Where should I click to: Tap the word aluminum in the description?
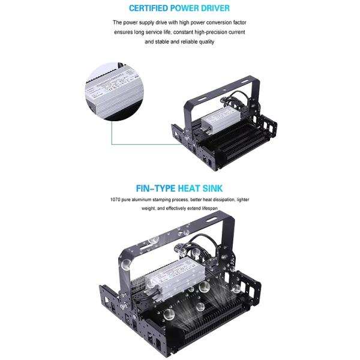point(141,199)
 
